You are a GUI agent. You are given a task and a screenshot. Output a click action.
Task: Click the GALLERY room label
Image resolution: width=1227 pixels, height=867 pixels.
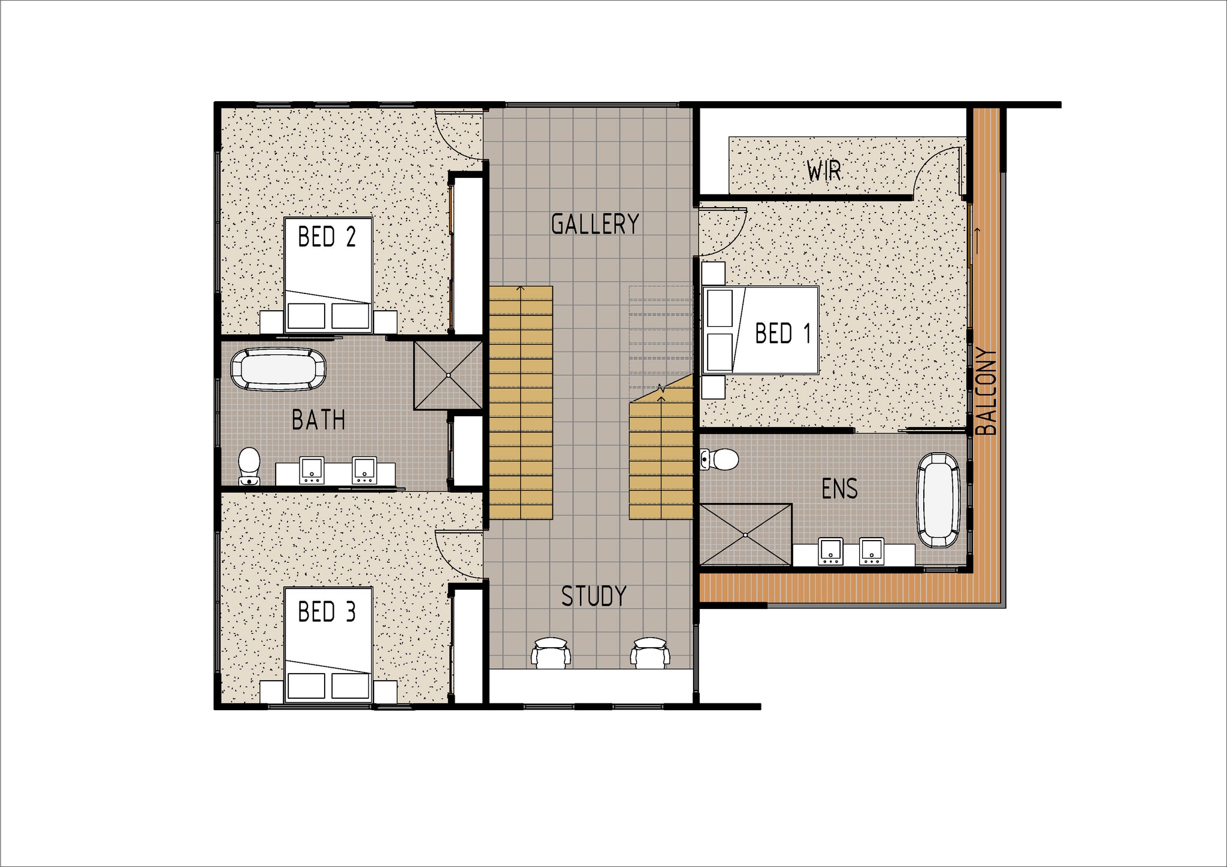point(595,224)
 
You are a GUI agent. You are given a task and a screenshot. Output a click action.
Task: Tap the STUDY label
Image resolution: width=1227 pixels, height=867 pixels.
point(594,596)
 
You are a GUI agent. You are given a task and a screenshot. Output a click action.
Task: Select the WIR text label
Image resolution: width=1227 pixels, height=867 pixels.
point(824,172)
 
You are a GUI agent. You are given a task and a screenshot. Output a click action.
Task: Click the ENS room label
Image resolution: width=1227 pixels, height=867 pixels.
point(839,489)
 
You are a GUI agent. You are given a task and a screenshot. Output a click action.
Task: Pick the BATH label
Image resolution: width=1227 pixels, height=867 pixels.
point(318,420)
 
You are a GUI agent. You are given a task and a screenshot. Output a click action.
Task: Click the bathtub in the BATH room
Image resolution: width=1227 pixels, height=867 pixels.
point(279,370)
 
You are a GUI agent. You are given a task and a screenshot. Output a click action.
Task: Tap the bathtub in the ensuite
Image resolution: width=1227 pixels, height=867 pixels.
point(939,500)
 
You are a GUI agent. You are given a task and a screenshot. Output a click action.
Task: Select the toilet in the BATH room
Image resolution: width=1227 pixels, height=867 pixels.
point(249,466)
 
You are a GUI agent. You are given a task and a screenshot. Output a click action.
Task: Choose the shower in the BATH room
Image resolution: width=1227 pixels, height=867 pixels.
point(448,375)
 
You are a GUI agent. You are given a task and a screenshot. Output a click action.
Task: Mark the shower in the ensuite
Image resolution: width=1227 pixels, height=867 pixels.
point(745,534)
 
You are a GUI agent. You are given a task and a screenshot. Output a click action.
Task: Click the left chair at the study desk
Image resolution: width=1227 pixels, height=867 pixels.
point(551,653)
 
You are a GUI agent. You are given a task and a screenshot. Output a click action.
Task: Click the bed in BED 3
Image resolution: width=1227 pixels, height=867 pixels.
point(328,645)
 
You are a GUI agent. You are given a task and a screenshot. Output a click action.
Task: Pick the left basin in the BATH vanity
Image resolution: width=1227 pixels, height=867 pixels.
point(312,471)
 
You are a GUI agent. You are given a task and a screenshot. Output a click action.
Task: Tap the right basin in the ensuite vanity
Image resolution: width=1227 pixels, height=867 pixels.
point(872,551)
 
